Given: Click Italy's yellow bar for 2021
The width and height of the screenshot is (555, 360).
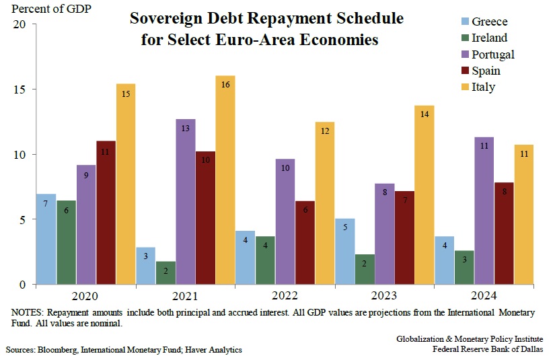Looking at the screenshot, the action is pyautogui.click(x=225, y=180).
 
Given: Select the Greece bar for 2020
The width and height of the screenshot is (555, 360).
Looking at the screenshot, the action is pyautogui.click(x=46, y=239).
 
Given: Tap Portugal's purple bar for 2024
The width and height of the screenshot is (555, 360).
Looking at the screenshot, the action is pyautogui.click(x=484, y=211).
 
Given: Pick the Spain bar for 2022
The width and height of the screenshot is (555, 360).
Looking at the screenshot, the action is pyautogui.click(x=305, y=242).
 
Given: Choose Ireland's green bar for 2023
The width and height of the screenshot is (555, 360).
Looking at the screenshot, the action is pyautogui.click(x=365, y=269).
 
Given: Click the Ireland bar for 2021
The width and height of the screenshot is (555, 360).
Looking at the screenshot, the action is pyautogui.click(x=165, y=273).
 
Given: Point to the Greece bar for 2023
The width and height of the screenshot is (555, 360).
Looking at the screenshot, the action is pyautogui.click(x=345, y=252).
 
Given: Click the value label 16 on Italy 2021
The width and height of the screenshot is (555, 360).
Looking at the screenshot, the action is pyautogui.click(x=225, y=85).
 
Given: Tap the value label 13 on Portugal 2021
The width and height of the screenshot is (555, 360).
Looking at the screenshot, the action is pyautogui.click(x=186, y=128).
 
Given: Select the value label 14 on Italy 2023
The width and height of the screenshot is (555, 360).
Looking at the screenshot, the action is pyautogui.click(x=424, y=114).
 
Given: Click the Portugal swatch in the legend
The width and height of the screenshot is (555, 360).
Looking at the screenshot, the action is pyautogui.click(x=465, y=54).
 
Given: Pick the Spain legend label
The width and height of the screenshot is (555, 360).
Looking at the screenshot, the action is pyautogui.click(x=486, y=71).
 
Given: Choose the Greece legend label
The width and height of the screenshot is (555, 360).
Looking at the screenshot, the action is pyautogui.click(x=490, y=22).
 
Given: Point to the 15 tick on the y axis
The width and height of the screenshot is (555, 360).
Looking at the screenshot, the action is pyautogui.click(x=20, y=89).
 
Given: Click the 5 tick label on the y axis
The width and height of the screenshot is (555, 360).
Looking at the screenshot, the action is pyautogui.click(x=23, y=220).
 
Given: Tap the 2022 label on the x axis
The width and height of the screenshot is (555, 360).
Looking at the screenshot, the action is pyautogui.click(x=285, y=295).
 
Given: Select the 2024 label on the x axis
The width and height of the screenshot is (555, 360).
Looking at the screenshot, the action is pyautogui.click(x=484, y=295).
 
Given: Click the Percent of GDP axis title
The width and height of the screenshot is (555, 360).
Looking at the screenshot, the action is pyautogui.click(x=51, y=9).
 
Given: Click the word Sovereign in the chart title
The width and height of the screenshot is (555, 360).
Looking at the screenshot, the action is pyautogui.click(x=165, y=19).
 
